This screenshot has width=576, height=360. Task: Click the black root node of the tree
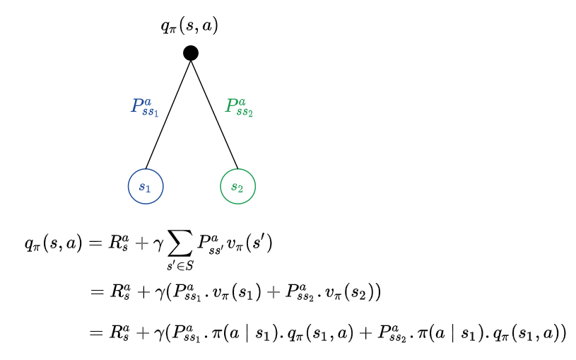click(190, 53)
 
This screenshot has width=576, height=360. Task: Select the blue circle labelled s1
click(146, 187)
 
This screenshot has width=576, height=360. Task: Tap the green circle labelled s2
click(238, 187)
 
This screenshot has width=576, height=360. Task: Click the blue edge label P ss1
click(144, 108)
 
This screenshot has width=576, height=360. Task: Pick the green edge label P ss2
click(239, 108)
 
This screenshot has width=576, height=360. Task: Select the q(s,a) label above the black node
click(189, 26)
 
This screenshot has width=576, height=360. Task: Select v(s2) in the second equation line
click(352, 291)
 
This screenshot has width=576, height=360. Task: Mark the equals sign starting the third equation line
click(96, 332)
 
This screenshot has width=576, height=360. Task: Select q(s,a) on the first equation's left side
click(53, 245)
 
